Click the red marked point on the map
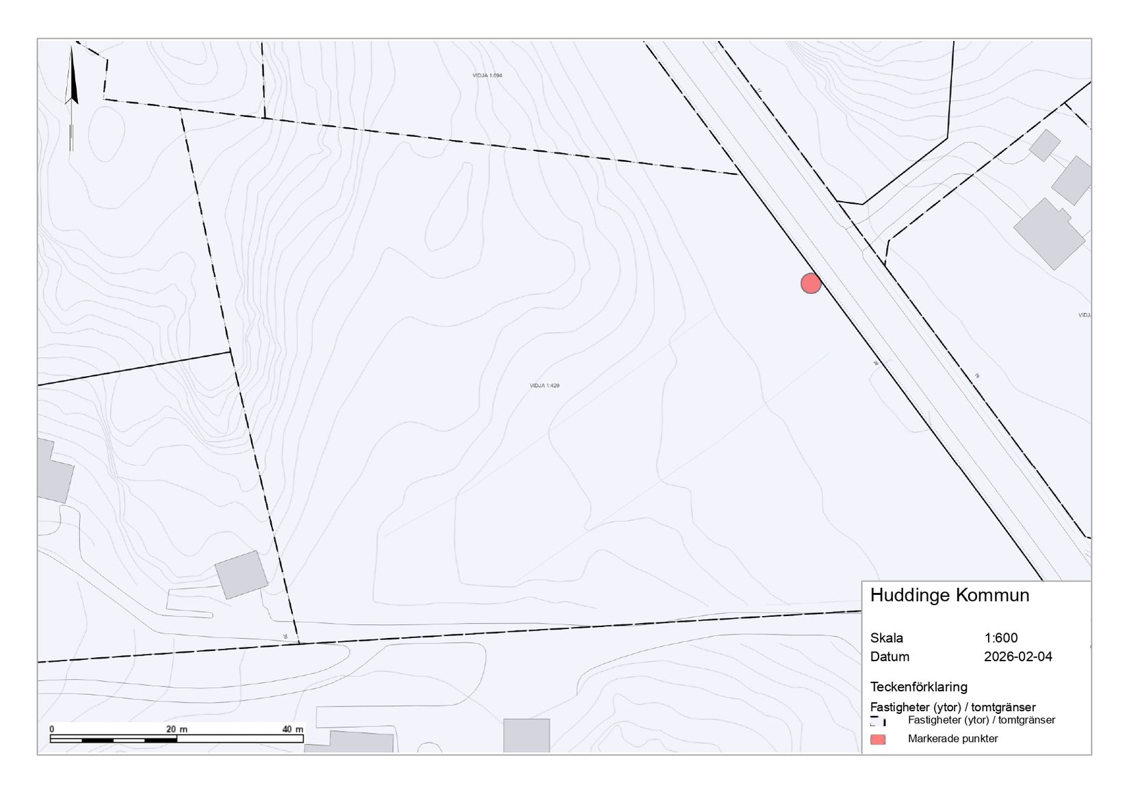811,283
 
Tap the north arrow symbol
71,96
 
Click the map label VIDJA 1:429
545,386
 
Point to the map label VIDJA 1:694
487,75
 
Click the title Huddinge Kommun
949,595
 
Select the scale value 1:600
1001,638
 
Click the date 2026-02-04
1018,656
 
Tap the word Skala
887,638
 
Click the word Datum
890,656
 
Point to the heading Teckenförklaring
918,687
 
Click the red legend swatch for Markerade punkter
878,739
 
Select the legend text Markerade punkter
952,739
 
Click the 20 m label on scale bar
177,729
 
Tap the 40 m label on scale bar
293,729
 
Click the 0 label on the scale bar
52,729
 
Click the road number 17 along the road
759,90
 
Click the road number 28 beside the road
875,364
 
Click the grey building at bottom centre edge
526,736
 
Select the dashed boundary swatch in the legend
878,721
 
